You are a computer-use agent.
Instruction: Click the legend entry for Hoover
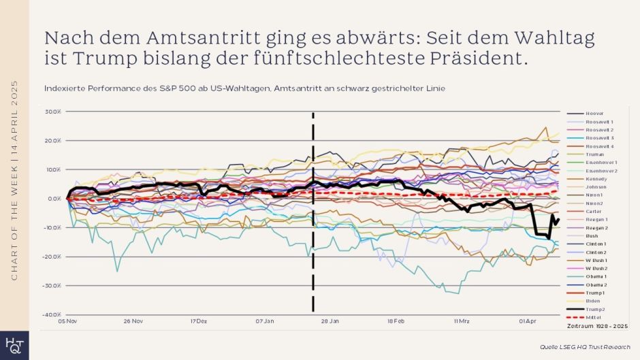[594, 113]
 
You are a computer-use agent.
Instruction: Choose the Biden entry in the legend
[593, 301]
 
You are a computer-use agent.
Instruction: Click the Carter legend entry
[593, 211]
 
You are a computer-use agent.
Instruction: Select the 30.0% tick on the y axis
[54, 112]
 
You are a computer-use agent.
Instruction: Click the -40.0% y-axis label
[52, 314]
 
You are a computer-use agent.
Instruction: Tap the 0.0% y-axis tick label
[54, 199]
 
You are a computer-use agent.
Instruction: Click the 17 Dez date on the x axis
[199, 321]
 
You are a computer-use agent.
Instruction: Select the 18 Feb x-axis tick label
[396, 321]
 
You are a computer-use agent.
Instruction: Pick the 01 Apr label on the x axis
[527, 321]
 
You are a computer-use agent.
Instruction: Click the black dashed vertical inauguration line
[313, 272]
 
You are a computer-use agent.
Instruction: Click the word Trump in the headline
[93, 58]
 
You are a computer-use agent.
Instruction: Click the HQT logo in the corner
[14, 346]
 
